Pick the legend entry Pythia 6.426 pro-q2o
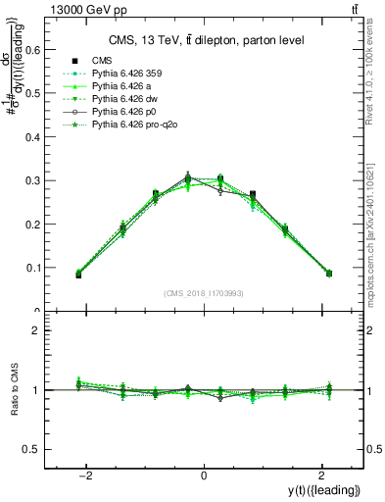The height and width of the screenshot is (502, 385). pyautogui.click(x=137, y=125)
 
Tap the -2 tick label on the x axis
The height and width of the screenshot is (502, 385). pyautogui.click(x=86, y=474)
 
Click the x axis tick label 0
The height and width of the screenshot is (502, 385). pyautogui.click(x=204, y=474)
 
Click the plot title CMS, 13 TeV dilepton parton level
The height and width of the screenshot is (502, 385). pyautogui.click(x=204, y=39)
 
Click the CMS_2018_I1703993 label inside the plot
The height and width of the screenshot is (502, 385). pyautogui.click(x=204, y=292)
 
